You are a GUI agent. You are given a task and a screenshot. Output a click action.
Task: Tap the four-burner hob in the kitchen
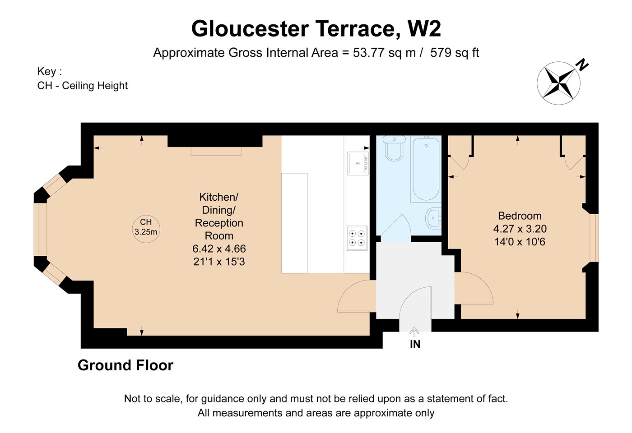pos(357,238)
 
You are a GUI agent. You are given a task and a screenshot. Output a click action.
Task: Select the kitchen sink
pos(358,163)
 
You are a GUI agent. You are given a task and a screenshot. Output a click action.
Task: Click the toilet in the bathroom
pos(394,148)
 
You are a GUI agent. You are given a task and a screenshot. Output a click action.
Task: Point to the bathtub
pos(426,169)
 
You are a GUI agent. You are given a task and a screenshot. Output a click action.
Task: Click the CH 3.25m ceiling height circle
pos(146,229)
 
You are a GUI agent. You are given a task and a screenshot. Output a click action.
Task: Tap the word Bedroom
pos(520,216)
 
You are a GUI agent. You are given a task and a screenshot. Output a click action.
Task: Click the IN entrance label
pos(415,344)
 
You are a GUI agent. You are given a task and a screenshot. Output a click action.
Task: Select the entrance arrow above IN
pos(414,332)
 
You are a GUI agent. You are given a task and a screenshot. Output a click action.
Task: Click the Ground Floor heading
pos(125,365)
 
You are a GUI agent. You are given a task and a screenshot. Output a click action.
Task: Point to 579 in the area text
pos(441,53)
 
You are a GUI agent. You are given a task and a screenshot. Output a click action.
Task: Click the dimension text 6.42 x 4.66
pos(219,249)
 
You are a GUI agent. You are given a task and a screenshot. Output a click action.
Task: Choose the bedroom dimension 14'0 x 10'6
pos(520,242)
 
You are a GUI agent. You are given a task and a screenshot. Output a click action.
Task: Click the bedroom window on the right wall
pos(594,238)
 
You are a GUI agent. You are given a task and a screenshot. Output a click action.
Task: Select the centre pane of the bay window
pos(40,230)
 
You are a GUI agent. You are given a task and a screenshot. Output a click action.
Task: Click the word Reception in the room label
pos(219,223)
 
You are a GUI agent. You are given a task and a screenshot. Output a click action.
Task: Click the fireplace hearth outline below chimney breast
pos(216,152)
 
